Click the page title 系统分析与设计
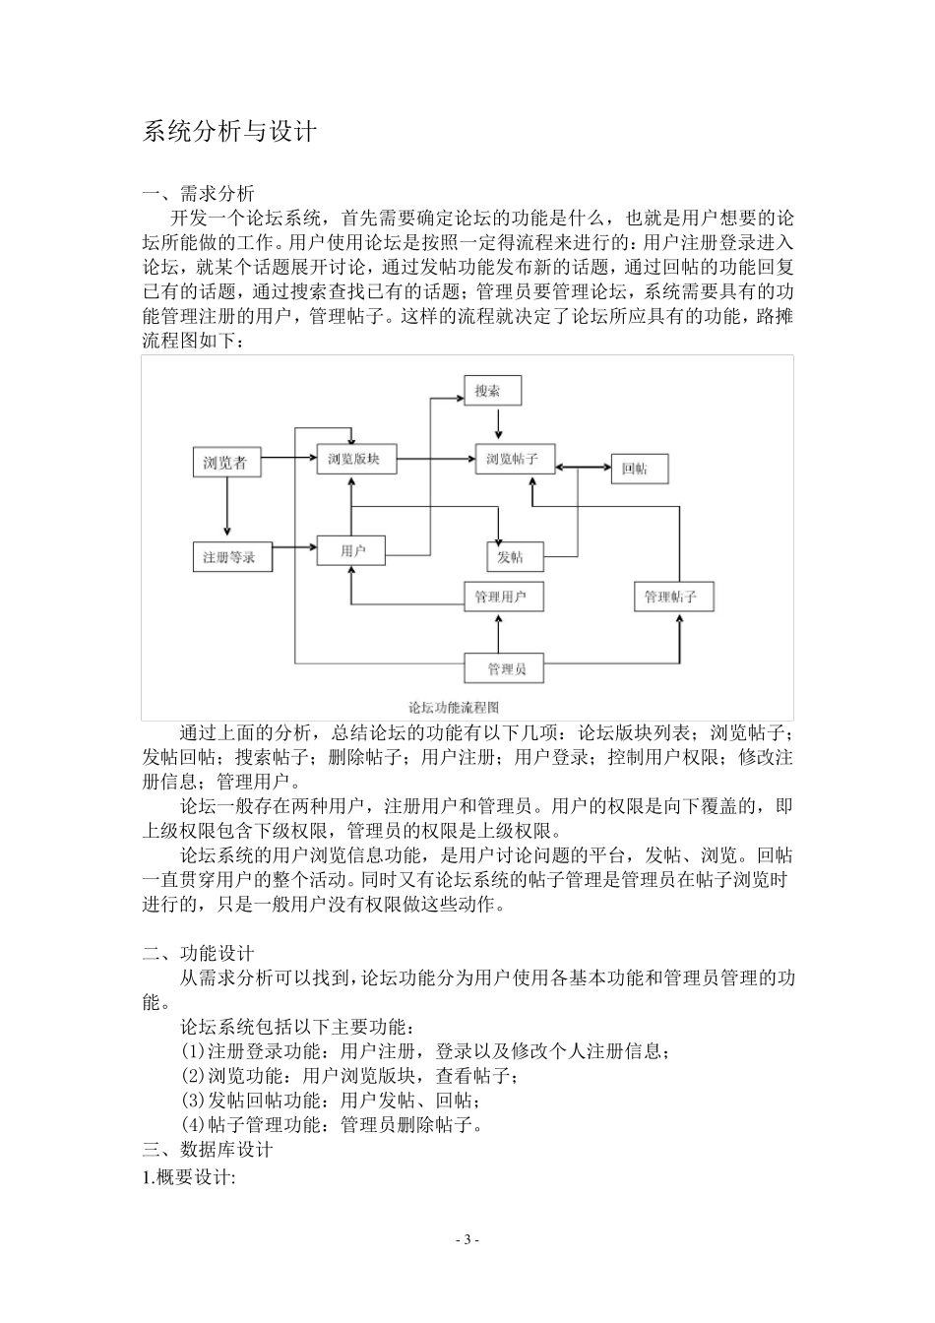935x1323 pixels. [x=229, y=132]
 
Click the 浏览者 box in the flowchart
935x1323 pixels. [x=225, y=463]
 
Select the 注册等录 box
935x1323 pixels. [x=230, y=557]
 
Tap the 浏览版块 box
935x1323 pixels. [x=354, y=459]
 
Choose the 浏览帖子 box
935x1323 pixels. [x=513, y=459]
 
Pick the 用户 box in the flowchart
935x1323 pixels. [x=351, y=550]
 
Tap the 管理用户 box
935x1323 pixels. [x=501, y=597]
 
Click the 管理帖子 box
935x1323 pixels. [x=671, y=597]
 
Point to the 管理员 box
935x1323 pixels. [x=505, y=669]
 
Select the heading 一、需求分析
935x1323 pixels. [x=199, y=193]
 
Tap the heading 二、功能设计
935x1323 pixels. [x=199, y=953]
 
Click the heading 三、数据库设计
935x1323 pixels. [x=208, y=1149]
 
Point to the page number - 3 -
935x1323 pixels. [x=467, y=1239]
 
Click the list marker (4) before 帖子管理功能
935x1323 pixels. [x=194, y=1124]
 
